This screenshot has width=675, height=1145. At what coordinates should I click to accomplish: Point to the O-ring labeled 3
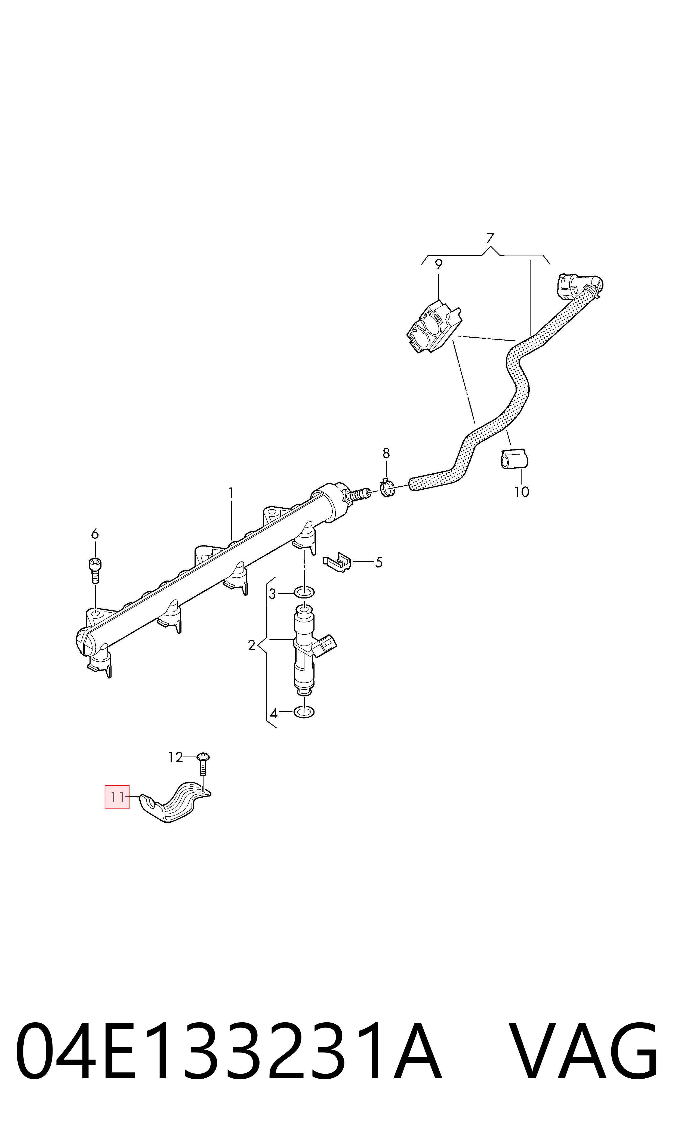(304, 592)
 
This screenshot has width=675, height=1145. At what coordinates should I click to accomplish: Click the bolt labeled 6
(95, 570)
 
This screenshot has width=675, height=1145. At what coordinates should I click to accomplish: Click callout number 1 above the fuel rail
(231, 493)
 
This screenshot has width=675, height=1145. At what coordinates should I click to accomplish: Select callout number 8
(386, 453)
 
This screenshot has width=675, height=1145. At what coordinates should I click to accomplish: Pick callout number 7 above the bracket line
(490, 238)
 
